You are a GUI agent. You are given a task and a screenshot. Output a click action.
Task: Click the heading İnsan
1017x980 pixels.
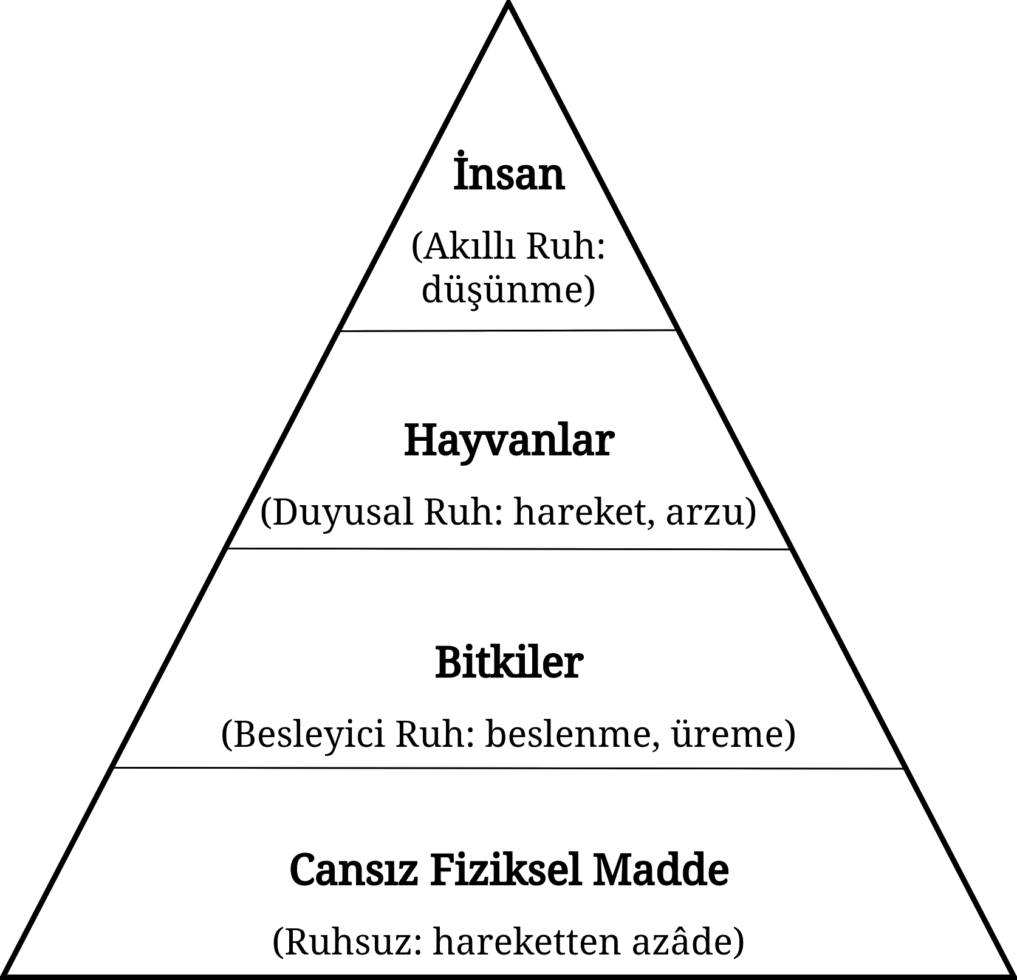click(509, 176)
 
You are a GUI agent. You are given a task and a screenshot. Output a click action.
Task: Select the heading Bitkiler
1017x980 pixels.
click(509, 663)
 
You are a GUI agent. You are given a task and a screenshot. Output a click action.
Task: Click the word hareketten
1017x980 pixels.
click(524, 942)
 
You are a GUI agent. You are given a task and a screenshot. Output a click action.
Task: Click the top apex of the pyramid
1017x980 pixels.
click(508, 11)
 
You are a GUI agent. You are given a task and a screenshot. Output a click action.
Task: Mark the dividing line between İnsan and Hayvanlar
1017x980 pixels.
click(509, 331)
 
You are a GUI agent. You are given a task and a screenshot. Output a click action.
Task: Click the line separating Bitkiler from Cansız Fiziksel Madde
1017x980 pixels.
click(509, 768)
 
